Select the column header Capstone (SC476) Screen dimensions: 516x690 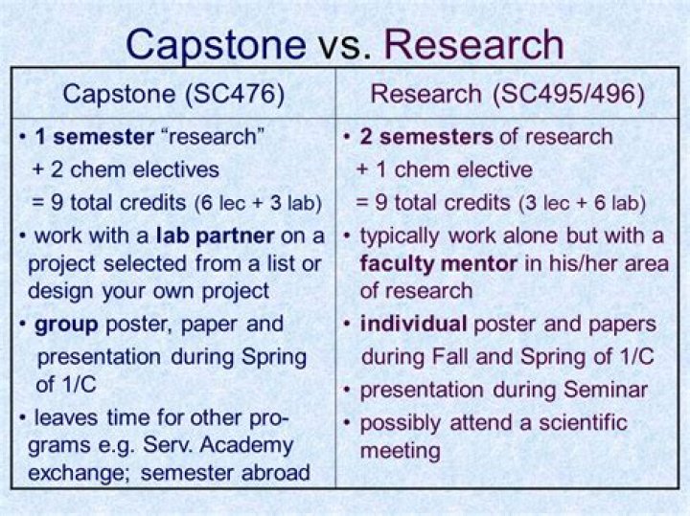[x=173, y=94]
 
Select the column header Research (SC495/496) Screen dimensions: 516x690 [x=507, y=94]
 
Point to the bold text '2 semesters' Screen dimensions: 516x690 [x=426, y=137]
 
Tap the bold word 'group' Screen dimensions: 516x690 [x=67, y=324]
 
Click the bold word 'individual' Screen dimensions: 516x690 [x=413, y=324]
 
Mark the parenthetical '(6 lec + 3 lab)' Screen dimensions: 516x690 [x=259, y=203]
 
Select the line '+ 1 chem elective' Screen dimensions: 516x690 [x=444, y=170]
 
